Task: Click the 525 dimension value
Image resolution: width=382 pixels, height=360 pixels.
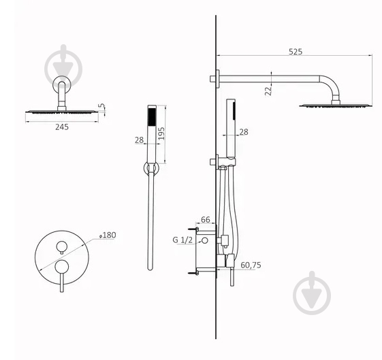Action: [295, 51]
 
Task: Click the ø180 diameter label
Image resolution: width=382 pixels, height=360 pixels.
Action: [108, 235]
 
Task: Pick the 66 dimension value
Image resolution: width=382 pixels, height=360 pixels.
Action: [204, 220]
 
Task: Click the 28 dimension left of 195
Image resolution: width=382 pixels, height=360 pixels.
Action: [140, 140]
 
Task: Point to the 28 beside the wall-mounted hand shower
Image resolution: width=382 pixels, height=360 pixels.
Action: [244, 131]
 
